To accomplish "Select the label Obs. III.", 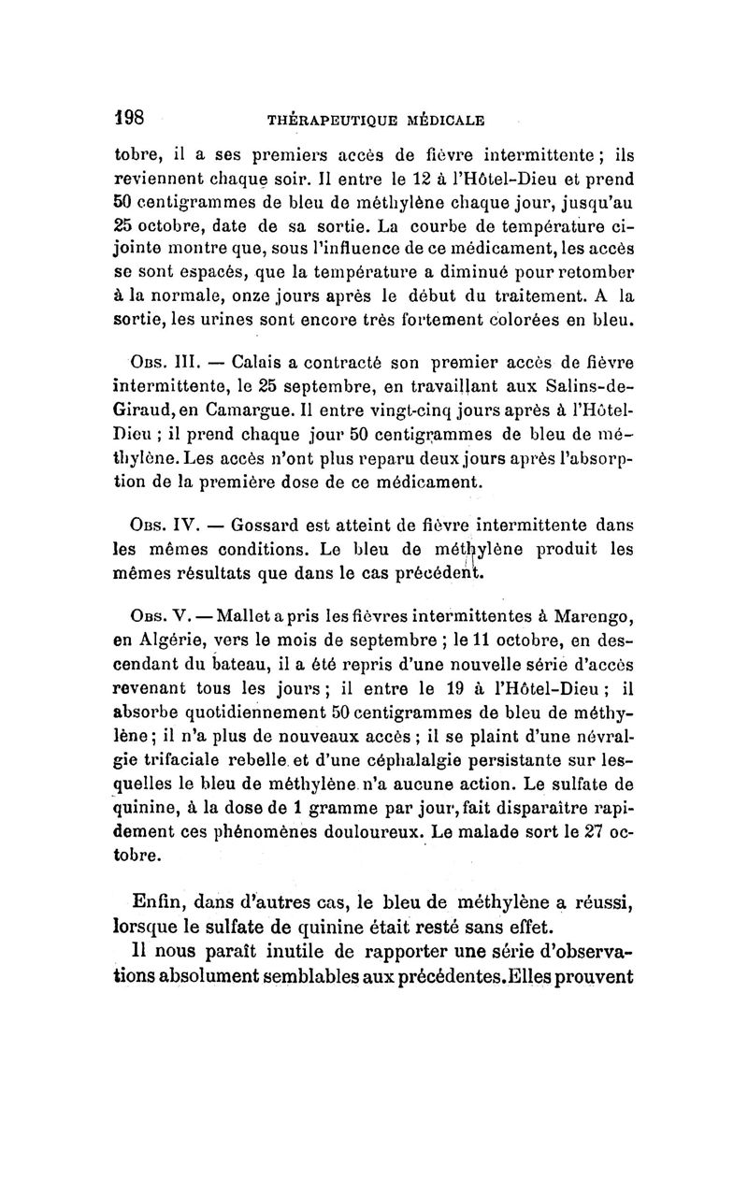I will pos(160,361).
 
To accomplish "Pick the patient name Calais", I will pos(259,361).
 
